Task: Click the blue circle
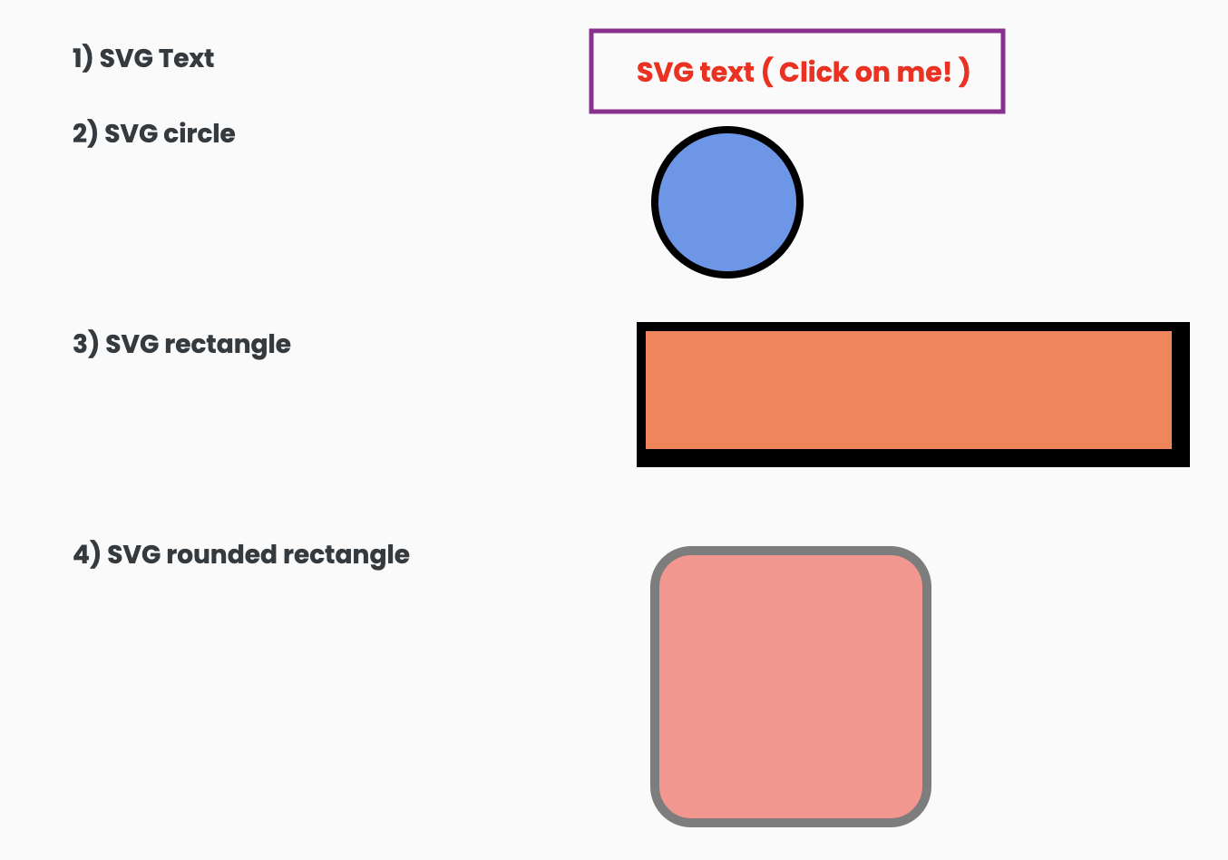726,202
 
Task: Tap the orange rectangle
908,390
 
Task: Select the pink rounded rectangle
791,687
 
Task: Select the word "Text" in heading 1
186,58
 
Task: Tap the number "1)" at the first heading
83,58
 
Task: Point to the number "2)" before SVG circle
85,133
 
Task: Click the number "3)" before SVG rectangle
85,345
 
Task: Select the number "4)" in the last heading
86,554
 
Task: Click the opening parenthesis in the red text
767,72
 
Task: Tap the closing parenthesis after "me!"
964,72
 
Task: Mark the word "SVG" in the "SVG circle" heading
132,133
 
